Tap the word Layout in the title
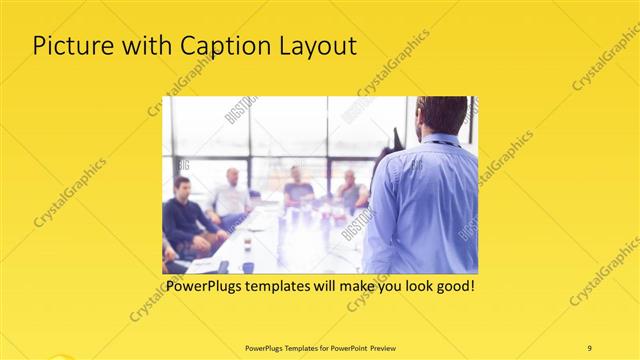[314, 46]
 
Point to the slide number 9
[589, 347]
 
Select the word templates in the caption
[291, 286]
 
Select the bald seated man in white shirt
[232, 195]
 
